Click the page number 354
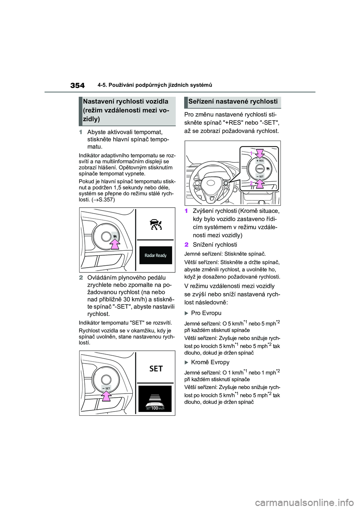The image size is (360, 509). [77, 85]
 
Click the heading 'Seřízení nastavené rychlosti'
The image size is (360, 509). [233, 101]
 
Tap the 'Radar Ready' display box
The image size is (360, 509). [156, 255]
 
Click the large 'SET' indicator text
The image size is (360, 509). [156, 368]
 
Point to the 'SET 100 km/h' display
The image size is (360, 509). [156, 408]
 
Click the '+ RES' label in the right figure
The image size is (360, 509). [260, 160]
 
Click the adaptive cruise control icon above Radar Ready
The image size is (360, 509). [156, 225]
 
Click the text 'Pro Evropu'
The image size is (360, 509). [206, 313]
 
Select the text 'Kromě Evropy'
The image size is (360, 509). [210, 362]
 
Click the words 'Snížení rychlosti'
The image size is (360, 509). [214, 245]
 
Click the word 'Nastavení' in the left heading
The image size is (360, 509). [99, 101]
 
